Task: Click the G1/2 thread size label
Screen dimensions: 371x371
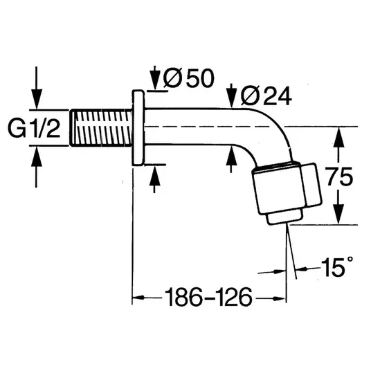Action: click(x=34, y=128)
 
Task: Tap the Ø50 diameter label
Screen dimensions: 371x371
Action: click(x=188, y=78)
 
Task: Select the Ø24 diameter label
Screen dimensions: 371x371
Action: click(x=266, y=96)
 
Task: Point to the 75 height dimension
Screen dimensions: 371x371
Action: click(x=340, y=177)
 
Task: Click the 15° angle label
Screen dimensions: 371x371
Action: click(x=337, y=266)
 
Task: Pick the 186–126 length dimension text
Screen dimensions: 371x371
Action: click(x=209, y=297)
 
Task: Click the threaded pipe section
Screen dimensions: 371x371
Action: click(x=101, y=128)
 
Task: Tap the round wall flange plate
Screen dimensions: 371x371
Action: click(x=138, y=127)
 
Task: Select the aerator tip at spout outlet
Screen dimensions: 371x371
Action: click(x=284, y=217)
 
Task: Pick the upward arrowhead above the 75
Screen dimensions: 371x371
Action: click(x=339, y=137)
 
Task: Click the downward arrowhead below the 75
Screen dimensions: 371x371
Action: click(x=339, y=214)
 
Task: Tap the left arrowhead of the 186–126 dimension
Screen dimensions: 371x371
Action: click(x=138, y=297)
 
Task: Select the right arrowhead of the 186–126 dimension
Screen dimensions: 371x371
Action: click(x=280, y=299)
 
